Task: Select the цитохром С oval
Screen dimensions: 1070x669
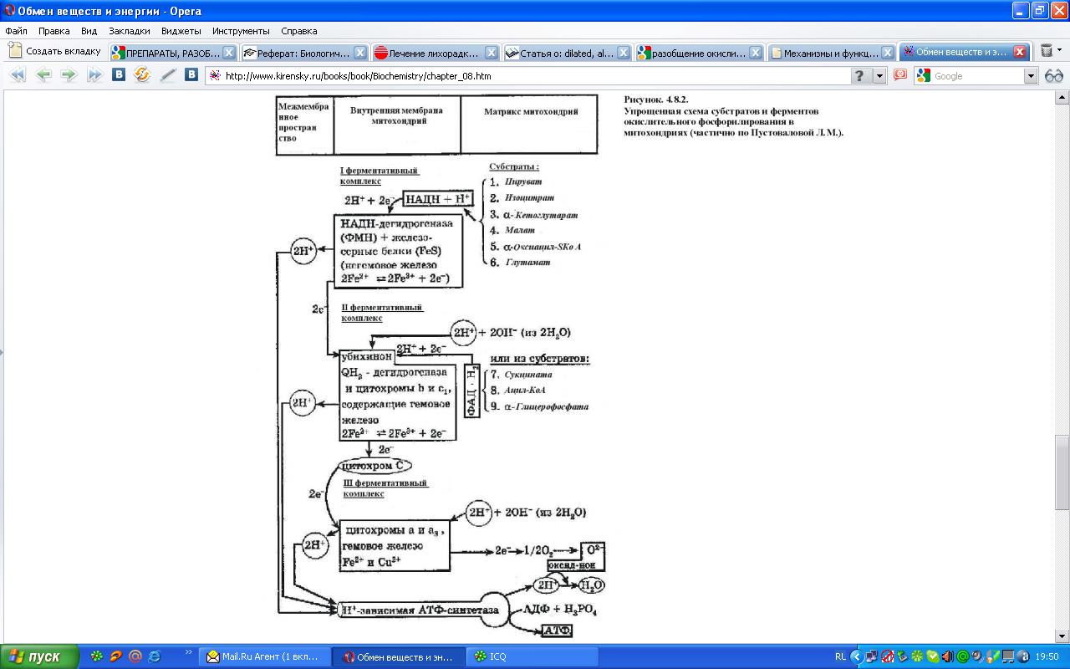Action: click(373, 465)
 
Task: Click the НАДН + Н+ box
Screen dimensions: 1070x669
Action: click(439, 200)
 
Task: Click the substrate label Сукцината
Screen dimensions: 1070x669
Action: click(532, 375)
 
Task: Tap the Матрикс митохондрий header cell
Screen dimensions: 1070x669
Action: click(530, 111)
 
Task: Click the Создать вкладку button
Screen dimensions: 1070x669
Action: click(55, 51)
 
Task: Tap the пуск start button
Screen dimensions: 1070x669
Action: click(40, 656)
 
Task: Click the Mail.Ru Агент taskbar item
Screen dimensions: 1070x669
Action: click(266, 656)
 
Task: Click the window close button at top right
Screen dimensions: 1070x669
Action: click(1058, 11)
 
